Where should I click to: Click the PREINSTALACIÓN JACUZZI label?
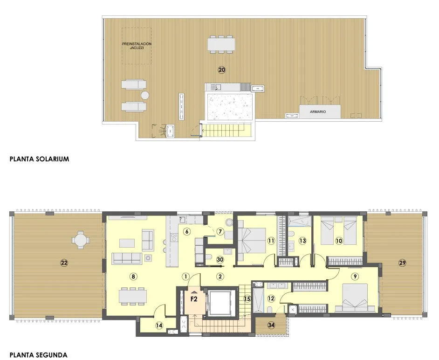click(x=137, y=46)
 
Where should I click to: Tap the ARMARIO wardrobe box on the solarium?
click(x=319, y=112)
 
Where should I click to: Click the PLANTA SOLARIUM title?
click(x=39, y=159)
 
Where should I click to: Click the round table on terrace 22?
click(x=80, y=241)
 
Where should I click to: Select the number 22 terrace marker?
click(x=64, y=263)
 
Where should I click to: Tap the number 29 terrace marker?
click(x=402, y=263)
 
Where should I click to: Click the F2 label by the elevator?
click(x=193, y=299)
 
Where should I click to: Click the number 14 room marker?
click(x=159, y=325)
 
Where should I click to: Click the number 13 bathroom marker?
click(x=302, y=241)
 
